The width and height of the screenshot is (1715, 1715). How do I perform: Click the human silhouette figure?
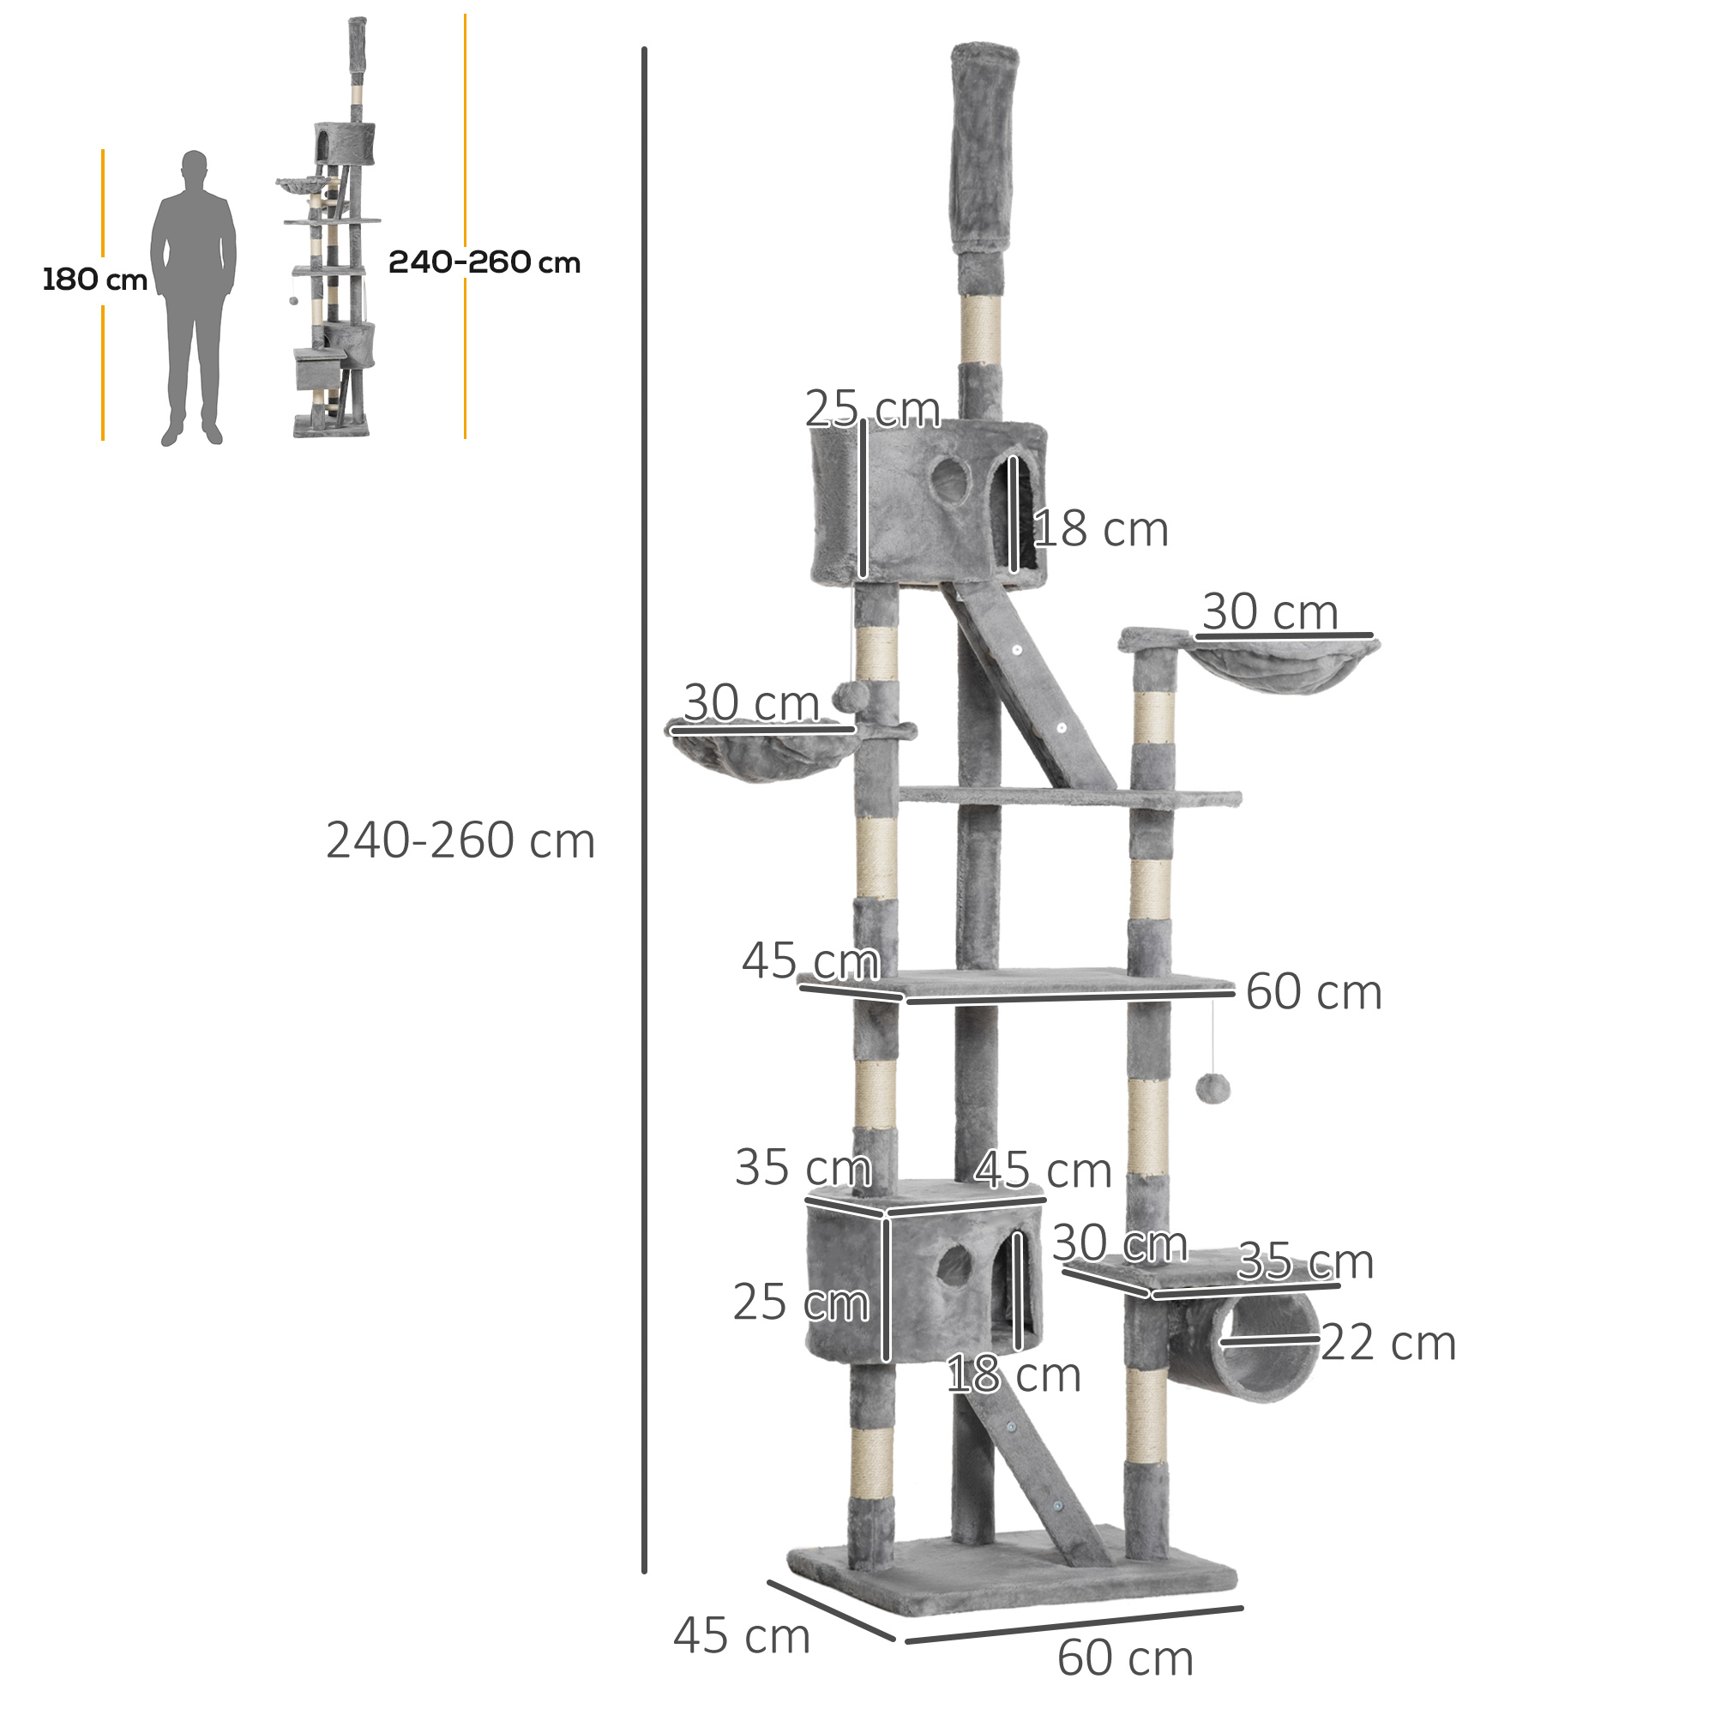coord(194,293)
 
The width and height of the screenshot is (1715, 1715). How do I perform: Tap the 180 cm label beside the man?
coord(94,280)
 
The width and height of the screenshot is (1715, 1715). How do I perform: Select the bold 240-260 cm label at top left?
coord(484,262)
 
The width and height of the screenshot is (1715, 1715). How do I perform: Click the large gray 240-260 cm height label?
coord(460,840)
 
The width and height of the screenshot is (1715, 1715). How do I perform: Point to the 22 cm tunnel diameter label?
coord(1388,1343)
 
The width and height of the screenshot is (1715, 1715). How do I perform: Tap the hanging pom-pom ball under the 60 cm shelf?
coord(1212,1088)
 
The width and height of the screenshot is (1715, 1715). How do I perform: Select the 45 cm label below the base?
coord(741,1635)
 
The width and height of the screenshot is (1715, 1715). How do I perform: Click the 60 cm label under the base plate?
coord(1125,1658)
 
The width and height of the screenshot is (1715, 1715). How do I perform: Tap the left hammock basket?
coord(761,753)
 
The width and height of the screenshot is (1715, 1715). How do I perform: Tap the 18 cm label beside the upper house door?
coord(1101,530)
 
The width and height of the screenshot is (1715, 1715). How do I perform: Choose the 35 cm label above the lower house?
coord(803,1167)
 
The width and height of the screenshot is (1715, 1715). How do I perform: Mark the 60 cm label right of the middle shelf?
coord(1313,991)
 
